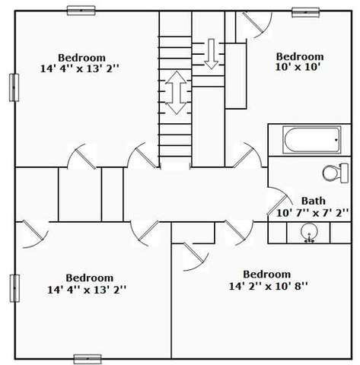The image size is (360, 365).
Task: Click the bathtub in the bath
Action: [x=312, y=140]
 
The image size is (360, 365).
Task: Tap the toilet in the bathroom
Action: [x=336, y=173]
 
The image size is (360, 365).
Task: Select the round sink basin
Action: [x=309, y=232]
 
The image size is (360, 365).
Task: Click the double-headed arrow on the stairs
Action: [x=176, y=93]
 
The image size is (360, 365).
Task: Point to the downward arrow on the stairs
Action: [x=211, y=54]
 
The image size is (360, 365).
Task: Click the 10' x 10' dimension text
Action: [x=298, y=67]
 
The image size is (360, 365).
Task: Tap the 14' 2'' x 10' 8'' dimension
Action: [x=268, y=286]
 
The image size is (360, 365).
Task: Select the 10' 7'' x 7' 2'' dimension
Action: [x=312, y=213]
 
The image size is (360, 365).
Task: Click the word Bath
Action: [x=314, y=201]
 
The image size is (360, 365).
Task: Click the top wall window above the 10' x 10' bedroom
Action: [x=305, y=12]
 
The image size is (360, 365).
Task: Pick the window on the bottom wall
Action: [x=88, y=359]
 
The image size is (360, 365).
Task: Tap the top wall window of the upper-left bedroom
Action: [x=81, y=11]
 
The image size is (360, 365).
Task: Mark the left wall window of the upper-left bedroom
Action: [x=14, y=87]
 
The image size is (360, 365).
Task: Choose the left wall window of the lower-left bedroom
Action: [x=14, y=288]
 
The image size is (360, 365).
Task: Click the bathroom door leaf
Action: [x=277, y=205]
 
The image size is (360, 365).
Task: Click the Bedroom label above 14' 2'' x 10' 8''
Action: [x=267, y=275]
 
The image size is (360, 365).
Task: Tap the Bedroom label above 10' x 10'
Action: [x=300, y=56]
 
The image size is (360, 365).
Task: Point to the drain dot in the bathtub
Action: [x=336, y=140]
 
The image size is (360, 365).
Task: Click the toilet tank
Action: [x=345, y=173]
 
